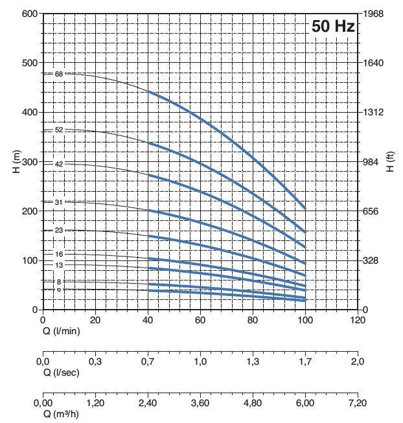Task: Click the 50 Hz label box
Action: (333, 27)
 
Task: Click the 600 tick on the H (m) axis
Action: (29, 14)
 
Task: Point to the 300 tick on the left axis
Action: (29, 162)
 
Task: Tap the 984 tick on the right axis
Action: (374, 162)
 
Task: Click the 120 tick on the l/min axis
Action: (357, 320)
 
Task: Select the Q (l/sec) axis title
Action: (62, 372)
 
